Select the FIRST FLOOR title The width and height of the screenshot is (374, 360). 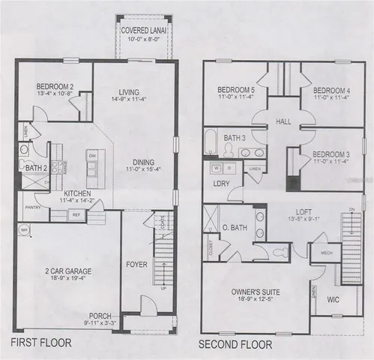[x=41, y=345]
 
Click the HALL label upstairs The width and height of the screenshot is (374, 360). [x=283, y=120]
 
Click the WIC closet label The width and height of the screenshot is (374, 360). [x=334, y=301]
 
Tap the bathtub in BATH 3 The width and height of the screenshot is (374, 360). [x=211, y=142]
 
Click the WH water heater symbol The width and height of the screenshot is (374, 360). [x=24, y=229]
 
